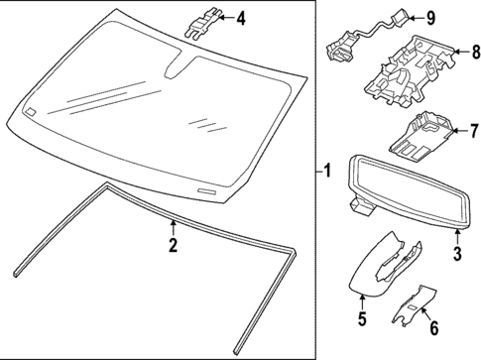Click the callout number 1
point(327,172)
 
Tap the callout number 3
point(457,256)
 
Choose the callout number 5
point(362,318)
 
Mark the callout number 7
point(473,130)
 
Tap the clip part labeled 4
point(200,21)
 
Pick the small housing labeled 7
point(421,134)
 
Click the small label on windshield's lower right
point(206,188)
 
